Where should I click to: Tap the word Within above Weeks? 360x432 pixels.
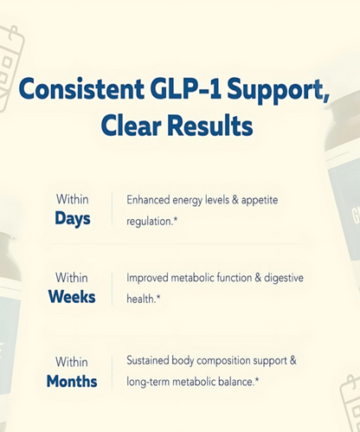tap(72, 279)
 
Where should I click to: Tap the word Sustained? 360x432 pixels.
tap(151, 360)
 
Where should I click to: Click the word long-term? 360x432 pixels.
tap(151, 381)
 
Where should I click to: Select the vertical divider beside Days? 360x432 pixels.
tap(112, 209)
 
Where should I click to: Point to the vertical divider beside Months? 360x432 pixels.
tap(112, 371)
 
